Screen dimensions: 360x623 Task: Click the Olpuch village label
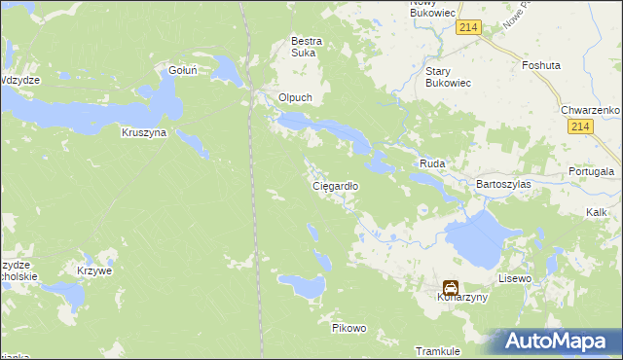click(295, 97)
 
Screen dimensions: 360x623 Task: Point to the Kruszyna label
click(144, 132)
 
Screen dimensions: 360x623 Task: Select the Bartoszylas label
click(501, 183)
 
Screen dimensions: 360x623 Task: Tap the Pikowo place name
click(348, 328)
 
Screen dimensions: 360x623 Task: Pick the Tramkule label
click(437, 350)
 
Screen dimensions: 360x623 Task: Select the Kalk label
click(597, 211)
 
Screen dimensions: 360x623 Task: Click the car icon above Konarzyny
click(451, 288)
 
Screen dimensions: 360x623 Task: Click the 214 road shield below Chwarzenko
click(582, 128)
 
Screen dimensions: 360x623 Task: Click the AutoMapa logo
click(559, 342)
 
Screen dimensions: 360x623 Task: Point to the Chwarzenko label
click(591, 111)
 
